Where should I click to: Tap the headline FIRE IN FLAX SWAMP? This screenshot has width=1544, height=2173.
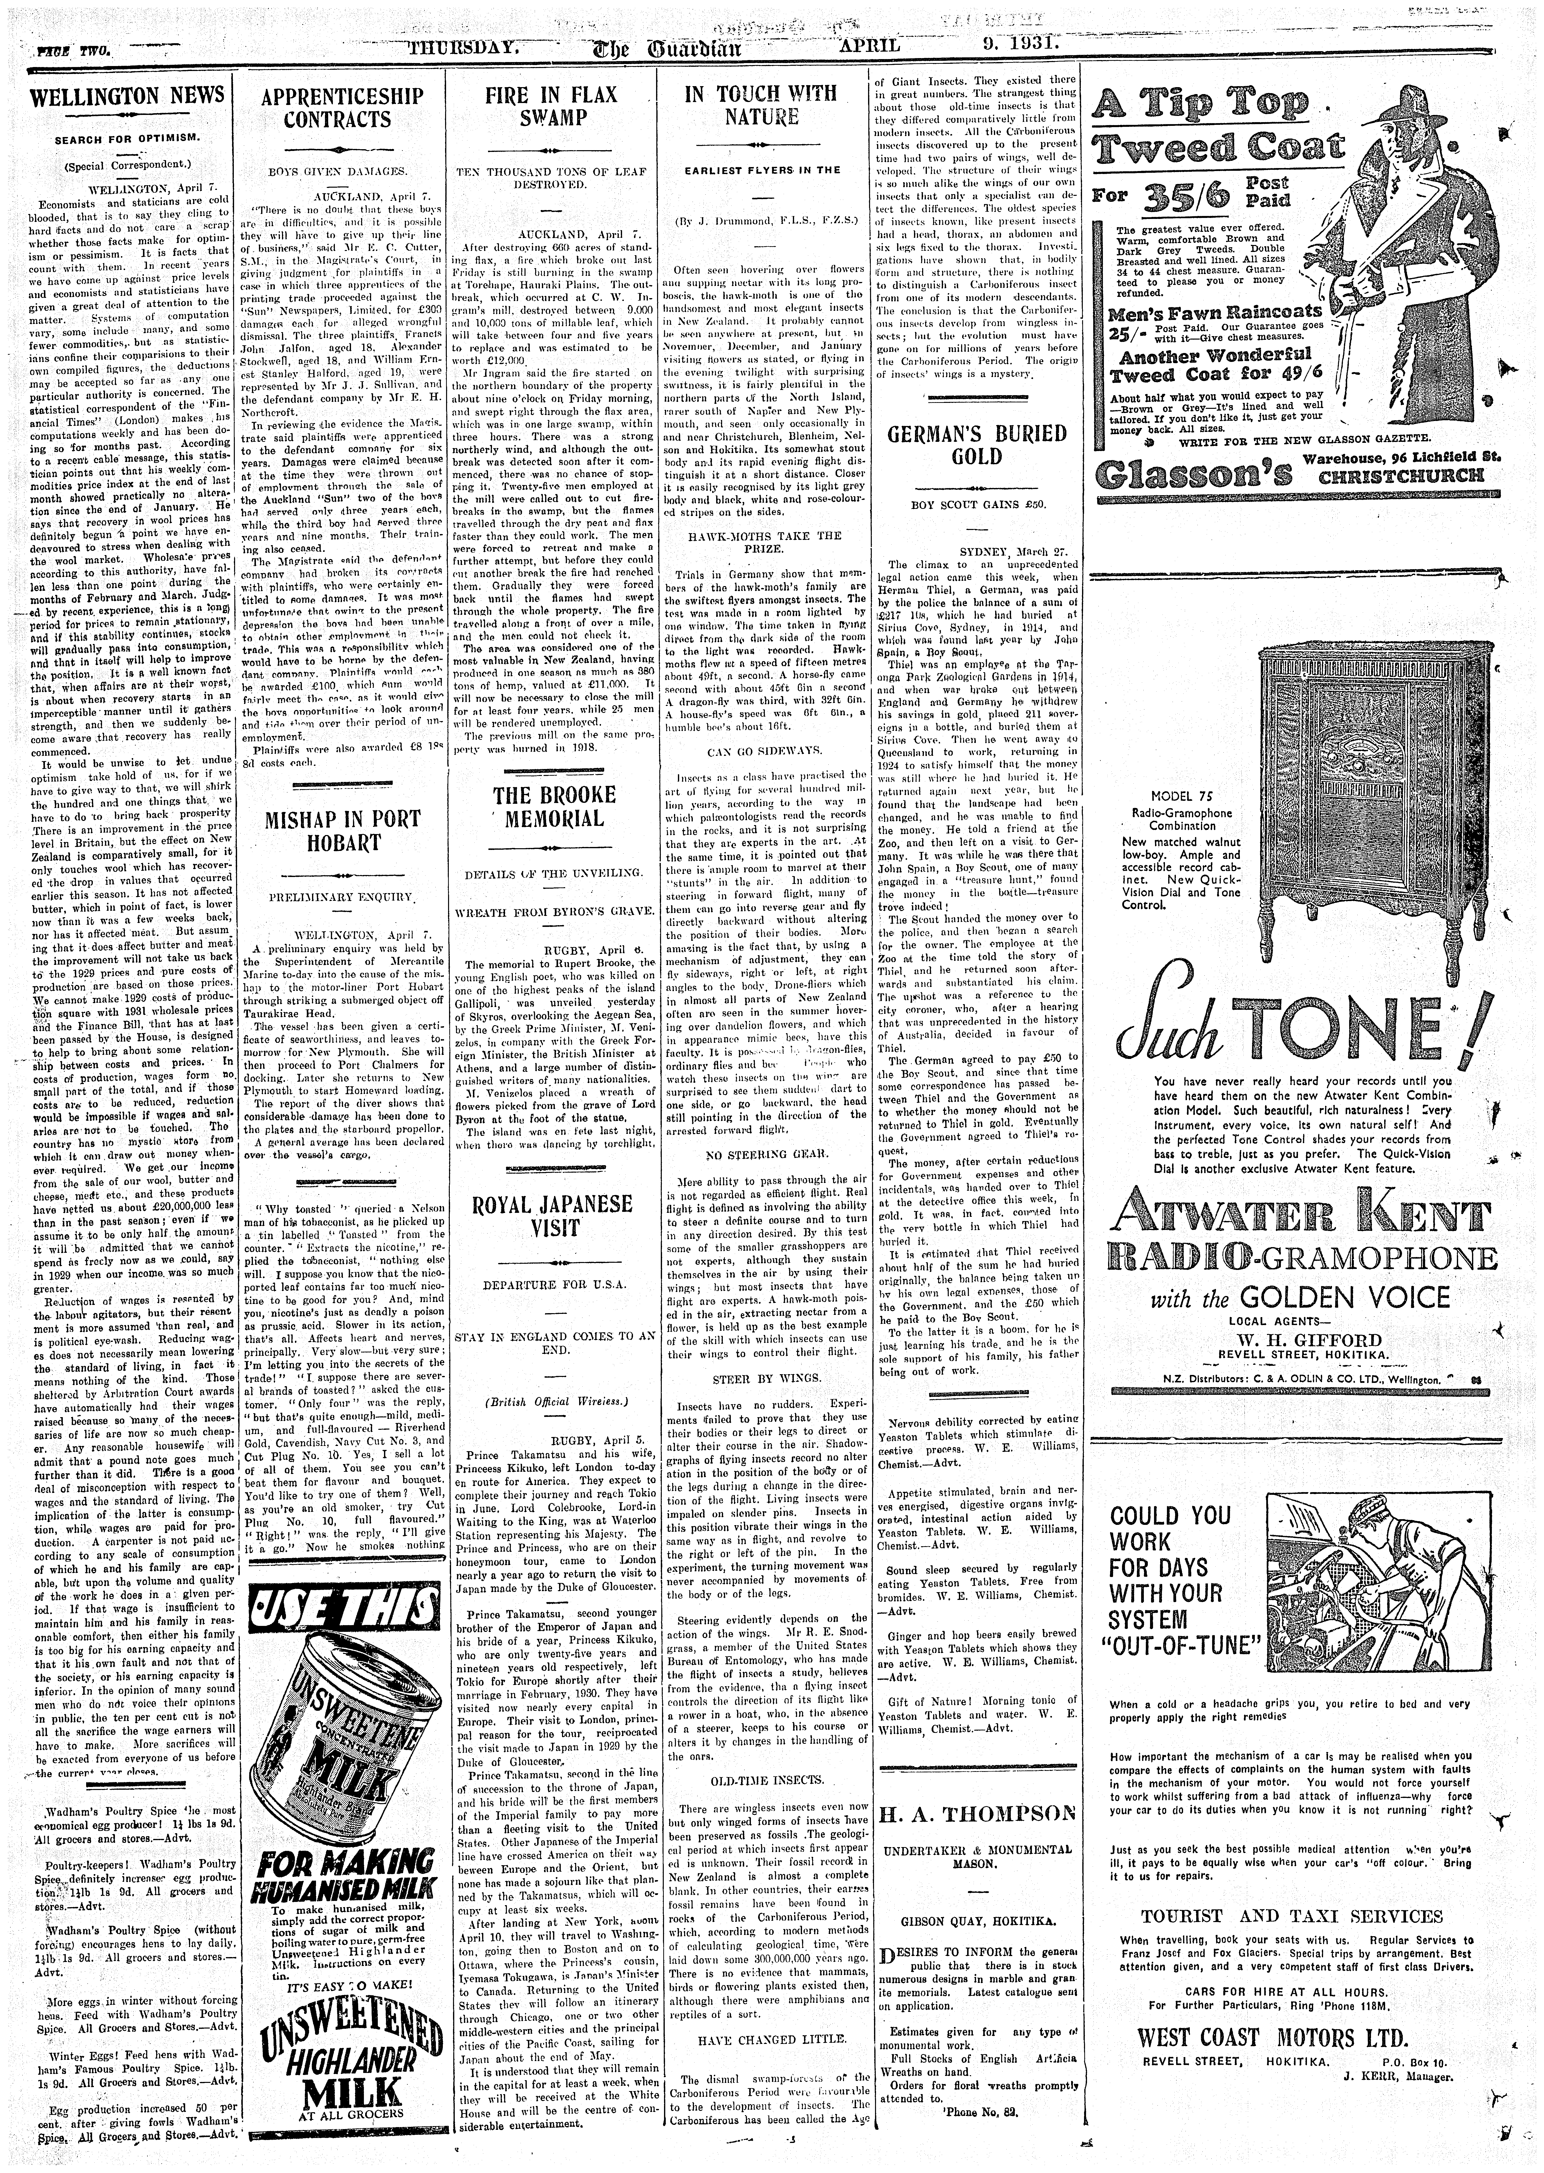point(551,106)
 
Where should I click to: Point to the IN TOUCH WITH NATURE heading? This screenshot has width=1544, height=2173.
point(761,105)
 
